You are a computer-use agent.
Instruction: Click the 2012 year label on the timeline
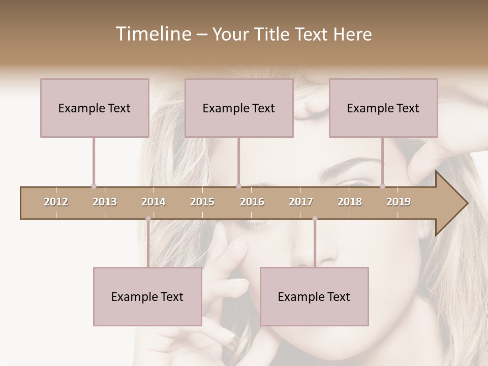(56, 202)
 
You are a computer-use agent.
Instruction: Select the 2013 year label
(105, 202)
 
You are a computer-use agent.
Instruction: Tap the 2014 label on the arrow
(154, 202)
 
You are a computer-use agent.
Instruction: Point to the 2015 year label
(202, 202)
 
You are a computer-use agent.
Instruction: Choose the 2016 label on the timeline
(252, 202)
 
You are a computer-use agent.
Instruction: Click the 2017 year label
(301, 202)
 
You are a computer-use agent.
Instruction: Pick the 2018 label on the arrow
(350, 202)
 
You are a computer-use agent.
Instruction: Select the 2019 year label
(399, 202)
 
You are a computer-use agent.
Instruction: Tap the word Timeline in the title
(152, 34)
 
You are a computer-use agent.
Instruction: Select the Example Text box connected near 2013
(95, 108)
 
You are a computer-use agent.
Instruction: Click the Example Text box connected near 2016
(239, 108)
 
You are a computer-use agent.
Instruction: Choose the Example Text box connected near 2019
(383, 108)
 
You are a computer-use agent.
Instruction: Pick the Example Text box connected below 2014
(147, 296)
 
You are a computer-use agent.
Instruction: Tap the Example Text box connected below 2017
(314, 296)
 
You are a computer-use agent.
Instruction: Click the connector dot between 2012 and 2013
(94, 186)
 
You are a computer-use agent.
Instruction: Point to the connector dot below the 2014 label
(148, 219)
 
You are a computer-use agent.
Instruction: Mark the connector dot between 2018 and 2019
(382, 186)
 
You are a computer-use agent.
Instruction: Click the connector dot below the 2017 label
(315, 219)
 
